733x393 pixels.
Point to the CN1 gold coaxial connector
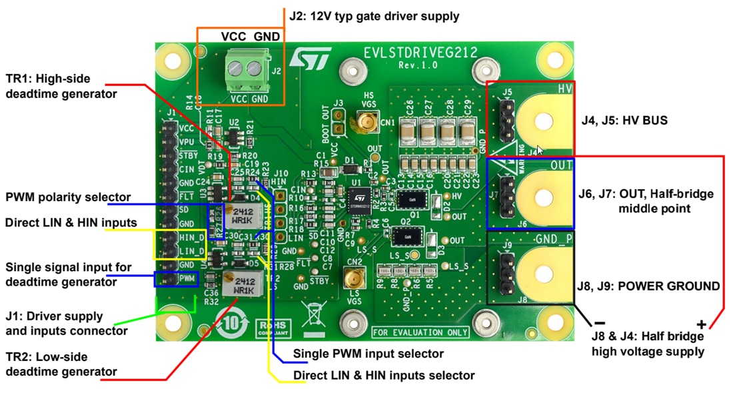point(365,124)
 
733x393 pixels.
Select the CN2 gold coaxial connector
point(353,277)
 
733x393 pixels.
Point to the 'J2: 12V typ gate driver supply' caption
point(374,15)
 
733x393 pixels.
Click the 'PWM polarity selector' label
point(68,197)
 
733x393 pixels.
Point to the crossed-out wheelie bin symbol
point(312,313)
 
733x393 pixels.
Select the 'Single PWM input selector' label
point(368,353)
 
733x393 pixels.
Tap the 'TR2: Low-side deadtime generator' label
point(61,364)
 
